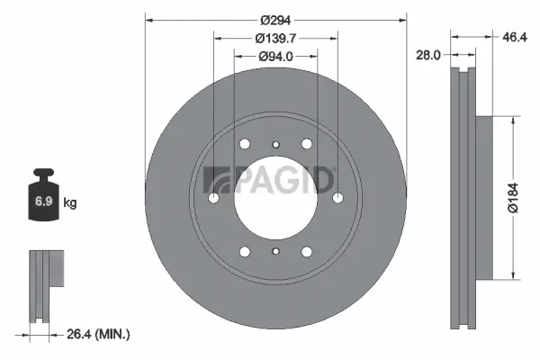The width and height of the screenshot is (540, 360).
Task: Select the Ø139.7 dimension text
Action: tap(276, 38)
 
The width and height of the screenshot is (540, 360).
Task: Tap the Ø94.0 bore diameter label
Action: tap(275, 57)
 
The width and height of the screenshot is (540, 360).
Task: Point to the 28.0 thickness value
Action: tap(427, 55)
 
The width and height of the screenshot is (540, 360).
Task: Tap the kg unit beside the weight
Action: tap(69, 203)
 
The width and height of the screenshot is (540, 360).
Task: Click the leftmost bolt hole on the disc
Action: tap(213, 199)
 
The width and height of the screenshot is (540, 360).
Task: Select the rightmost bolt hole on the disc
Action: tap(337, 199)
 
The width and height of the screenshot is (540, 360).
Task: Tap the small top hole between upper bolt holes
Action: tap(275, 142)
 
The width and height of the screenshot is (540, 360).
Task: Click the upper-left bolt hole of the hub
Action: tap(245, 145)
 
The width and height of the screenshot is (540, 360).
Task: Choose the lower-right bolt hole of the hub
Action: tap(307, 252)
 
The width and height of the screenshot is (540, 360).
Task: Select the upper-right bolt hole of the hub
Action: tap(307, 145)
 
